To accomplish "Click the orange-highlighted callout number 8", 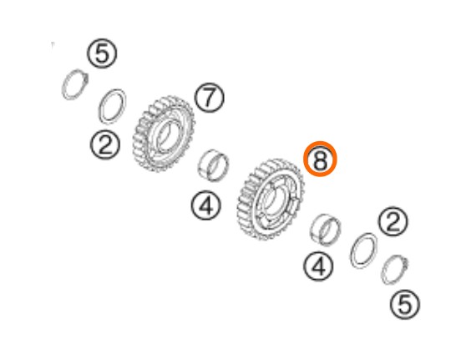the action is [x=320, y=159].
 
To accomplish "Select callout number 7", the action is [x=210, y=98].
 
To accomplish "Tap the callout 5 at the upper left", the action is [x=102, y=53].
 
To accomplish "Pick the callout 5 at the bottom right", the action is [x=405, y=305].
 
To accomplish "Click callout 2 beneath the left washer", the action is [x=105, y=145].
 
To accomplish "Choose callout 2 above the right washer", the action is [x=393, y=221].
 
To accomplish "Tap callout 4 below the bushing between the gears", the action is [x=206, y=205].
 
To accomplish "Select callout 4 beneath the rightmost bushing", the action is [x=319, y=266].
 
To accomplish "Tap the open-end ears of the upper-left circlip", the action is [x=86, y=78].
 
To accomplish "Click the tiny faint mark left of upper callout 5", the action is [x=53, y=46].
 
